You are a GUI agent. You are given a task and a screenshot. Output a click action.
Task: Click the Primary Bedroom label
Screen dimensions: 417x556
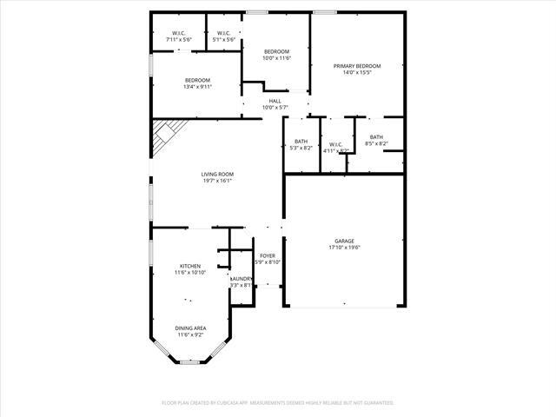357,65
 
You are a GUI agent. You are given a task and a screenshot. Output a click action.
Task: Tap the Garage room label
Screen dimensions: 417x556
345,241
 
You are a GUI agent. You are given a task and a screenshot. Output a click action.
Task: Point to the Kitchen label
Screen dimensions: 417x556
190,266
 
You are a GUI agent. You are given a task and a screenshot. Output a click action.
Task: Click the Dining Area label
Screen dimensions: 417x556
191,328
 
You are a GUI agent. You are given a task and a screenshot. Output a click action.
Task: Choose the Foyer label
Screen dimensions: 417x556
266,255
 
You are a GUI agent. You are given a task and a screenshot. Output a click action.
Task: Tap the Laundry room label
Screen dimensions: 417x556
241,278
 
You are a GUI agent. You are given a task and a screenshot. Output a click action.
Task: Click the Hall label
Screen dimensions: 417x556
275,101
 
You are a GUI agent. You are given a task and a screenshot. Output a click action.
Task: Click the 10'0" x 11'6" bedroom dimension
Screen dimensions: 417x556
277,58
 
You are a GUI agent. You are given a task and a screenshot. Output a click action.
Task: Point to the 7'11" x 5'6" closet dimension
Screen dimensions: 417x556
178,40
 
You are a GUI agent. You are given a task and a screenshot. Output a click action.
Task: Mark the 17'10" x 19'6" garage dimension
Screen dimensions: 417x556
345,248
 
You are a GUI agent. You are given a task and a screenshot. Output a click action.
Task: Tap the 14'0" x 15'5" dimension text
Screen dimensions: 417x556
357,72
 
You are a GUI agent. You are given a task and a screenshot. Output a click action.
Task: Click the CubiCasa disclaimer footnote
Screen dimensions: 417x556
278,403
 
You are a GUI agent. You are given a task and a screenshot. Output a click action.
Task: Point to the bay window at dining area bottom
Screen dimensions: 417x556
190,361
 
